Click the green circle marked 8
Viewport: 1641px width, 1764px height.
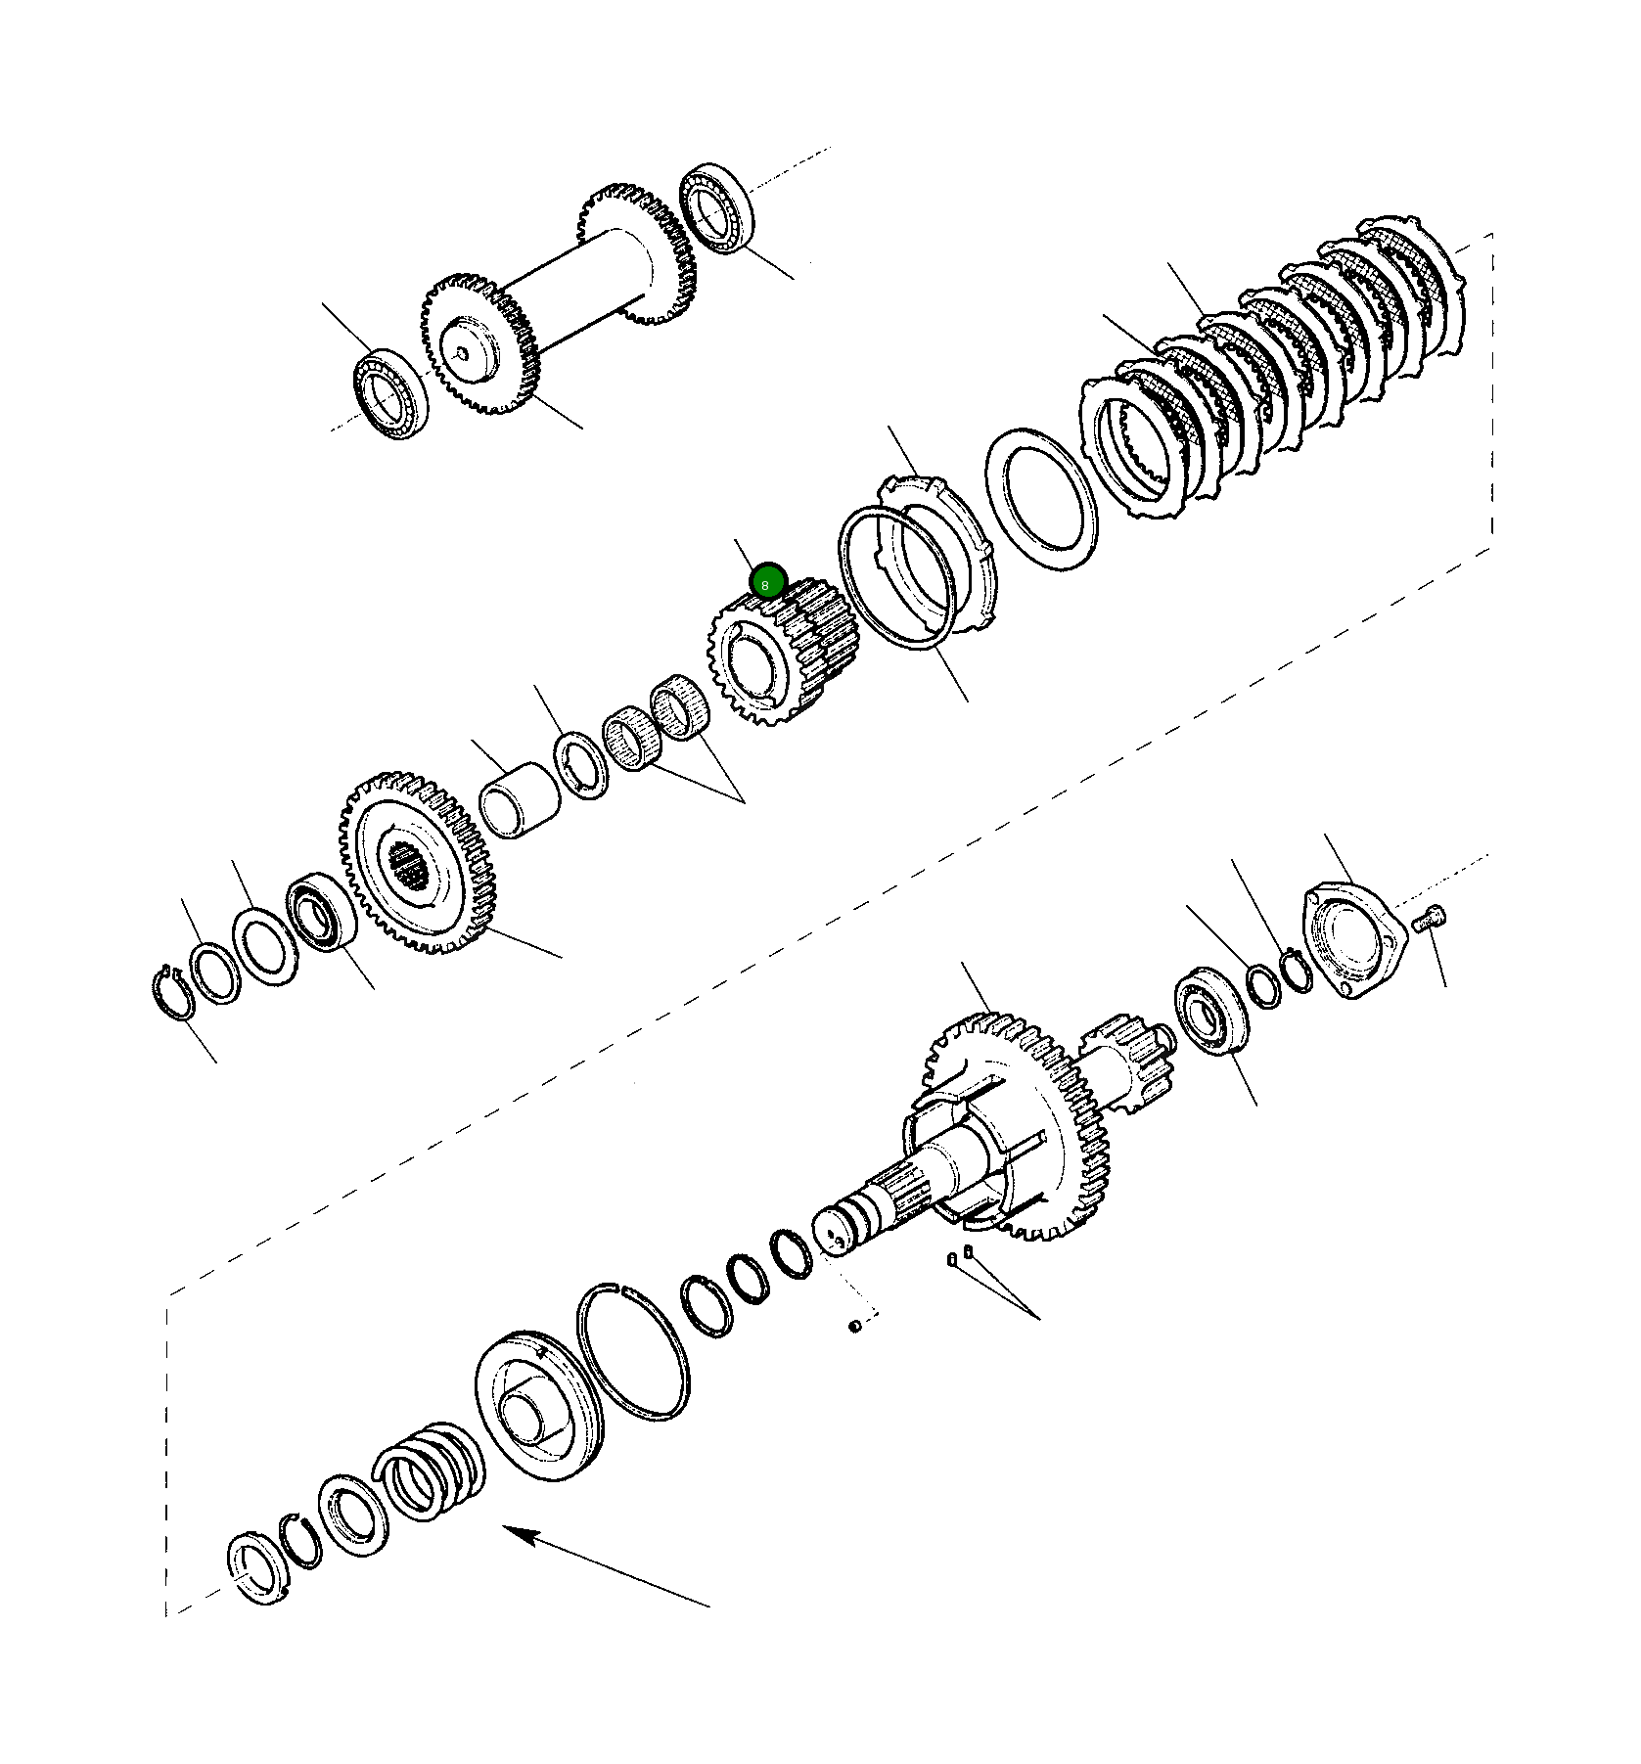[767, 581]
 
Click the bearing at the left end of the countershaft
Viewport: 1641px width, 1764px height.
[390, 392]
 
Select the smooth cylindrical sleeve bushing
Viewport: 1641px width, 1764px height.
[520, 800]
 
